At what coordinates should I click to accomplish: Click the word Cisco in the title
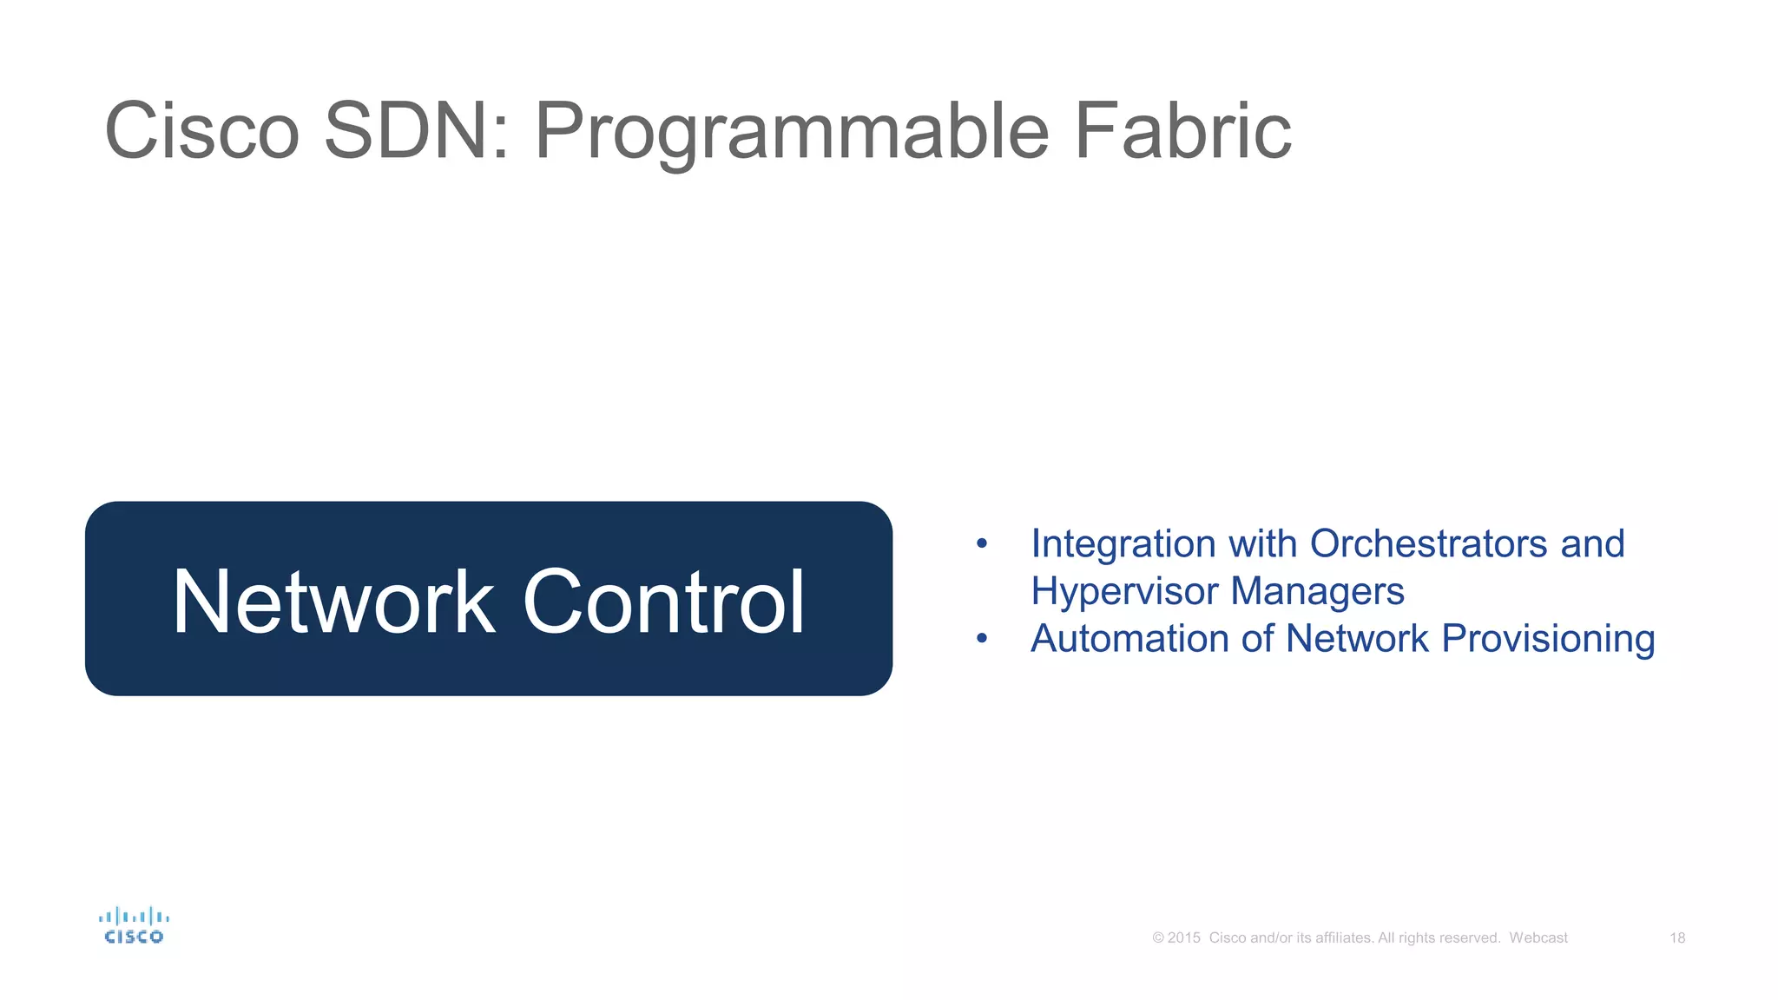tap(201, 131)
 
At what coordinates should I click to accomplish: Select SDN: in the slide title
tap(416, 131)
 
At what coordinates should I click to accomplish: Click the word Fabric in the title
tap(1182, 131)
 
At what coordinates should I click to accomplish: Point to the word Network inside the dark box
tap(333, 602)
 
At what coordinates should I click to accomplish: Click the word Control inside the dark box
tap(664, 602)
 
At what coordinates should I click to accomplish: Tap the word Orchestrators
tap(1428, 544)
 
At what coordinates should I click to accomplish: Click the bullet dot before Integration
tap(982, 544)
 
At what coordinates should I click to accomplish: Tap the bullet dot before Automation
tap(982, 639)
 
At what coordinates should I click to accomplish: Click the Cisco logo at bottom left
tap(134, 926)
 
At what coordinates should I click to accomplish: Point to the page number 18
tap(1677, 938)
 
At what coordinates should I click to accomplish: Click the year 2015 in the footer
tap(1183, 938)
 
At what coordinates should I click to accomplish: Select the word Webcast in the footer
tap(1538, 938)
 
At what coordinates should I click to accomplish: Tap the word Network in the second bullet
tap(1357, 639)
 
